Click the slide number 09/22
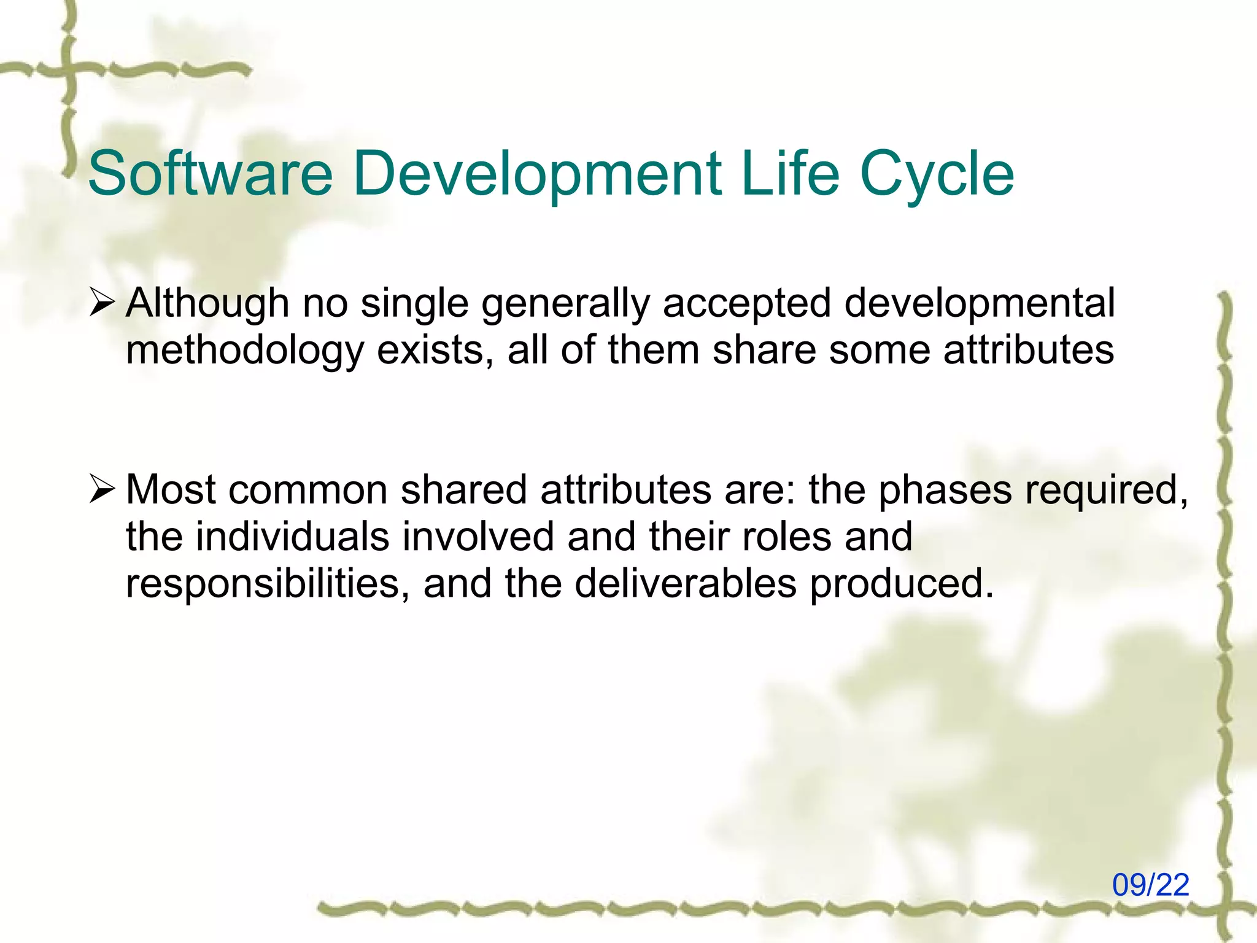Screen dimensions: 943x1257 tap(1151, 885)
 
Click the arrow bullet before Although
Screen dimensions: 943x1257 tap(101, 303)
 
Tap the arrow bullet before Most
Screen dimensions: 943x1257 tap(101, 490)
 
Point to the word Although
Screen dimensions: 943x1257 tap(207, 303)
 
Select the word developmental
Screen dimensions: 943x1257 tap(980, 303)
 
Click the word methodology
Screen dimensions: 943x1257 tap(245, 350)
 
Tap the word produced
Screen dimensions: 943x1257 tap(900, 583)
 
